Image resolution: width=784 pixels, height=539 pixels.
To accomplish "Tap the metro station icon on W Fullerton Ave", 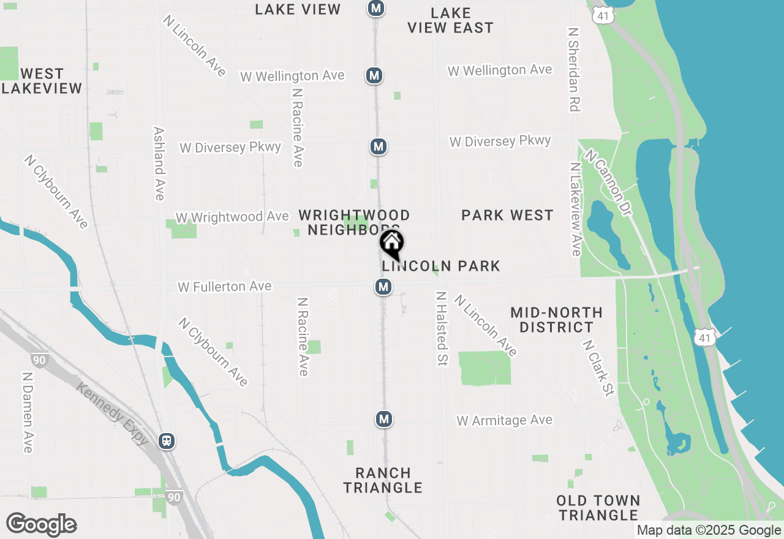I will click(x=383, y=286).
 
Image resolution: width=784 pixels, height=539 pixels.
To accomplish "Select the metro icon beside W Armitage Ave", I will click(x=384, y=419).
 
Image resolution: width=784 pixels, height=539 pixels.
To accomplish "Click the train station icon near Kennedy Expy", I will click(x=166, y=440).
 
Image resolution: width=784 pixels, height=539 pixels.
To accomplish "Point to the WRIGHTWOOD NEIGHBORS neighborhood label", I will click(x=354, y=222).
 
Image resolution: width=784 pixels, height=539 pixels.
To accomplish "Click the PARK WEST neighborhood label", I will click(x=507, y=215).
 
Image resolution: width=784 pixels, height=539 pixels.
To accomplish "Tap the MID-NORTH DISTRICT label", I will click(x=556, y=320).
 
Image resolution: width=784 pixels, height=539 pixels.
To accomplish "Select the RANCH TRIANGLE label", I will click(x=383, y=480).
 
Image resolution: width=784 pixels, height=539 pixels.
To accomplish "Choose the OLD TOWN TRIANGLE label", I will click(x=598, y=508).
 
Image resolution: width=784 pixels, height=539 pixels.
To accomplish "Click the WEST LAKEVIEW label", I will click(x=42, y=81).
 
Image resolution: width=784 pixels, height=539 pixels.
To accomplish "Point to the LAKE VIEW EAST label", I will click(x=450, y=20).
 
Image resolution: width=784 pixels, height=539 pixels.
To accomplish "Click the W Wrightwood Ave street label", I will click(x=232, y=217).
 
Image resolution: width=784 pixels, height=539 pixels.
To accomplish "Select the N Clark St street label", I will click(x=598, y=368).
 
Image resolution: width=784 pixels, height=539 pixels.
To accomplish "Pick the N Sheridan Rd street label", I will click(x=573, y=69).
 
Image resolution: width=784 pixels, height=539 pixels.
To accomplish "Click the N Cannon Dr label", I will click(x=608, y=178).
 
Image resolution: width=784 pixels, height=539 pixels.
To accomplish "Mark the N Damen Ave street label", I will click(x=27, y=412).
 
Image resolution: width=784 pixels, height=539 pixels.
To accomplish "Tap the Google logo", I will click(x=41, y=524).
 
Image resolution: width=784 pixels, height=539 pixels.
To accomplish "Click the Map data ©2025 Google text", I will click(x=709, y=530).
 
